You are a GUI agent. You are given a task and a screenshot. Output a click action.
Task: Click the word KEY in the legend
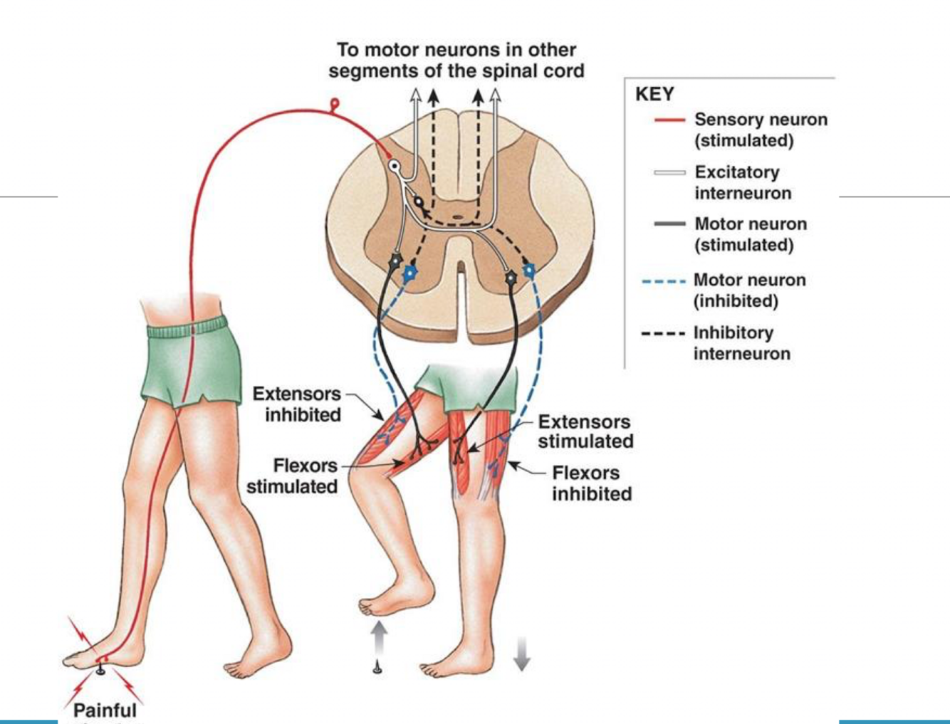pyautogui.click(x=654, y=94)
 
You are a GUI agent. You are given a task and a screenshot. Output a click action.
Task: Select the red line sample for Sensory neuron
pyautogui.click(x=669, y=120)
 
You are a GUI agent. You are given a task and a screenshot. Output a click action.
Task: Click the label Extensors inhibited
pyautogui.click(x=297, y=404)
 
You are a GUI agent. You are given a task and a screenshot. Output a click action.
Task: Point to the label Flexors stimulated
pyautogui.click(x=292, y=476)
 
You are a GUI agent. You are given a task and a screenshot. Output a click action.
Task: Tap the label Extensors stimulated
pyautogui.click(x=585, y=431)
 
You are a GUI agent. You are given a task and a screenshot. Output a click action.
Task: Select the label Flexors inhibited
pyautogui.click(x=590, y=483)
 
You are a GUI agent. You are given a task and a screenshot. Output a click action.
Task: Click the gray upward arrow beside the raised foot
pyautogui.click(x=379, y=636)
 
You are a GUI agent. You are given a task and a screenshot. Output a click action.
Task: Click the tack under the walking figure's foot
pyautogui.click(x=100, y=668)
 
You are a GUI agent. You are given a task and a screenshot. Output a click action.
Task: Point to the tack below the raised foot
pyautogui.click(x=377, y=667)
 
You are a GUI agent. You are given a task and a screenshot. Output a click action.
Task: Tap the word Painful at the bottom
pyautogui.click(x=105, y=710)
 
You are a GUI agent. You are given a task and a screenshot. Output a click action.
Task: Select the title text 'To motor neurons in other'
pyautogui.click(x=456, y=50)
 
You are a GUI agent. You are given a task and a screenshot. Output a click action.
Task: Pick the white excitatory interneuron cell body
pyautogui.click(x=394, y=166)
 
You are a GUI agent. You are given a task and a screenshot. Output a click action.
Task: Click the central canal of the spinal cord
pyautogui.click(x=458, y=211)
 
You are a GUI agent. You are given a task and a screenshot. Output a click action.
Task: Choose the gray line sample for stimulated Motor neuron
pyautogui.click(x=669, y=224)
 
